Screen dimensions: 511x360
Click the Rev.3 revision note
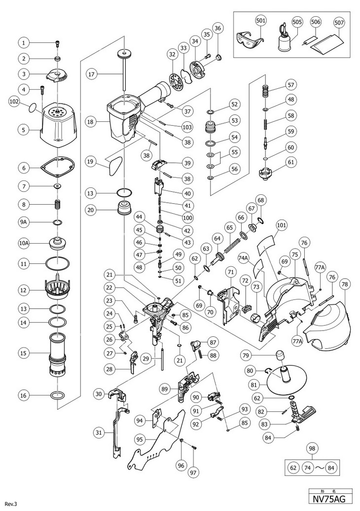pyautogui.click(x=11, y=504)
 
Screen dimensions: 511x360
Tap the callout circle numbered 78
pyautogui.click(x=344, y=284)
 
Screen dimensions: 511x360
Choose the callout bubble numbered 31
pyautogui.click(x=99, y=432)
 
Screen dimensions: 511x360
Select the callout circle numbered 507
pyautogui.click(x=339, y=22)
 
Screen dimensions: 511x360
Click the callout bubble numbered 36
pyautogui.click(x=218, y=28)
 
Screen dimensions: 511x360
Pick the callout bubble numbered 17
pyautogui.click(x=90, y=74)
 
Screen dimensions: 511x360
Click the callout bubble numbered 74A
pyautogui.click(x=243, y=257)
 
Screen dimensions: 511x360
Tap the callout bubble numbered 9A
pyautogui.click(x=24, y=222)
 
